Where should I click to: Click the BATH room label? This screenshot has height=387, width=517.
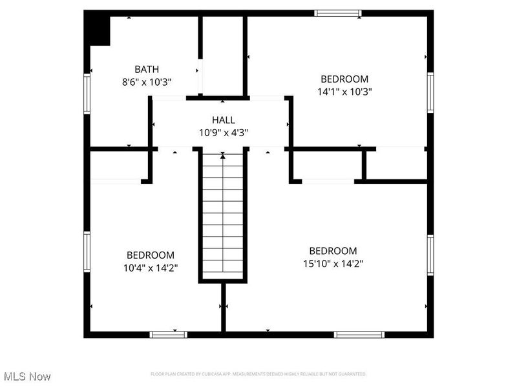click(147, 69)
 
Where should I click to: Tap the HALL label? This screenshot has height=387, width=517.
click(224, 120)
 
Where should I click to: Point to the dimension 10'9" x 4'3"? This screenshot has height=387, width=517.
click(224, 132)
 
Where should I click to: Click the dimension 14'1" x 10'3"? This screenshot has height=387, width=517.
click(345, 92)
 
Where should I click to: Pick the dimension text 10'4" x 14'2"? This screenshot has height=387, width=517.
click(150, 267)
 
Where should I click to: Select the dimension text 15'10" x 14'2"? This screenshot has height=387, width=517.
click(333, 263)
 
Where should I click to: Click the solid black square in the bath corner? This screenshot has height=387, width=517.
click(98, 30)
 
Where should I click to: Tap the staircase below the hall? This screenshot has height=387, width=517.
click(223, 213)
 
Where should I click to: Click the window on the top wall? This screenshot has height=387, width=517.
click(337, 13)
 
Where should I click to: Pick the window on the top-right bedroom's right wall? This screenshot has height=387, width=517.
click(430, 92)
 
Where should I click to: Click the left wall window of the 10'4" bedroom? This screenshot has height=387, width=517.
click(87, 252)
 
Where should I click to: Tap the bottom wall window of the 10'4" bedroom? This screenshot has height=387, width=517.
click(168, 334)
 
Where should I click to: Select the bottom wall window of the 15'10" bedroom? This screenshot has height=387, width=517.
click(359, 334)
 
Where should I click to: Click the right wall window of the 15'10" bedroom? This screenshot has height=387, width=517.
click(430, 256)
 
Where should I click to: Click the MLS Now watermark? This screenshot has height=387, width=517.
click(27, 376)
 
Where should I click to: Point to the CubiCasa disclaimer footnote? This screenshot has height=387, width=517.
click(258, 374)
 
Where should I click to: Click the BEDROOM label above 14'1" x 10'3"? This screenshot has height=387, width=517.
click(345, 79)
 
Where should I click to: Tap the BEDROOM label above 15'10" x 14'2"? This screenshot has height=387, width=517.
click(333, 251)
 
